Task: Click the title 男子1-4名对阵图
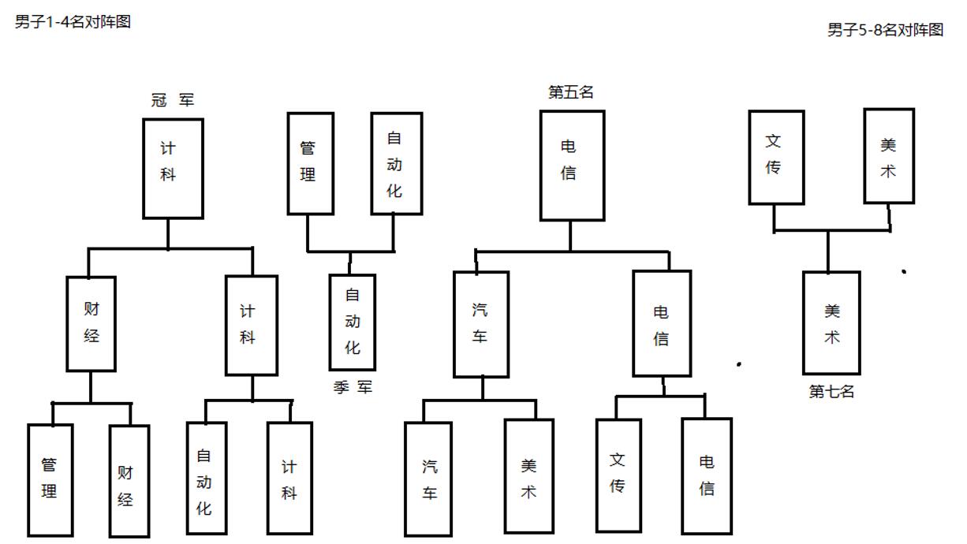pyautogui.click(x=73, y=22)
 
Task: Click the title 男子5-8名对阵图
pyautogui.click(x=885, y=30)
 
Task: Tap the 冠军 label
pyautogui.click(x=172, y=100)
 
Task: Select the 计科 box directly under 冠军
pyautogui.click(x=173, y=168)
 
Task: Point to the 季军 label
pyautogui.click(x=353, y=387)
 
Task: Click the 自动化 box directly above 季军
pyautogui.click(x=352, y=322)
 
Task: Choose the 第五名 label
pyautogui.click(x=570, y=92)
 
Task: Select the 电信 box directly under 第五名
pyautogui.click(x=572, y=165)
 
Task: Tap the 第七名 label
pyautogui.click(x=831, y=391)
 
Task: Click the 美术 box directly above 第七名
pyautogui.click(x=831, y=322)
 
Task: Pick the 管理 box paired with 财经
pyautogui.click(x=50, y=479)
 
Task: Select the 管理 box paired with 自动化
pyautogui.click(x=310, y=163)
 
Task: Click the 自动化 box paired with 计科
pyautogui.click(x=206, y=479)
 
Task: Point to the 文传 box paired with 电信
pyautogui.click(x=618, y=475)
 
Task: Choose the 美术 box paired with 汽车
pyautogui.click(x=528, y=477)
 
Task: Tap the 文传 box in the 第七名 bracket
pyautogui.click(x=775, y=157)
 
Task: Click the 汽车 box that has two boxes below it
pyautogui.click(x=480, y=324)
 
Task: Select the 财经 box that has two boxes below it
pyautogui.click(x=91, y=323)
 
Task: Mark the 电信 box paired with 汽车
pyautogui.click(x=661, y=324)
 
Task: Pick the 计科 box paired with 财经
pyautogui.click(x=251, y=324)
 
